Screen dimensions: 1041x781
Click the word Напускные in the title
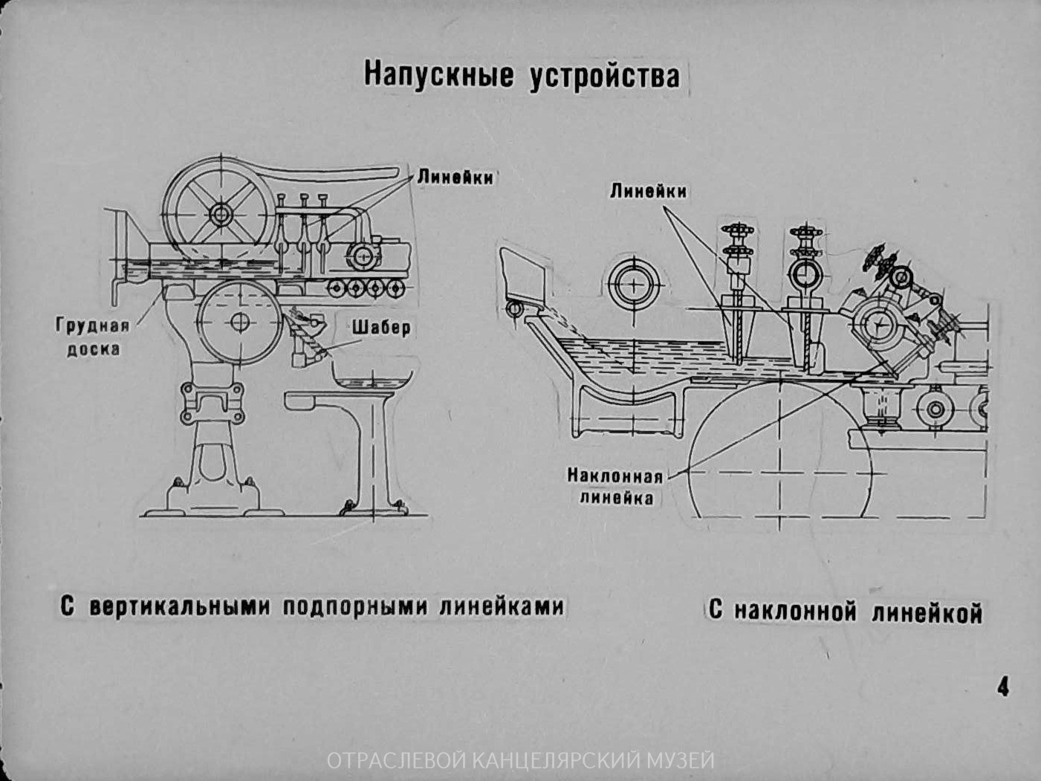point(438,75)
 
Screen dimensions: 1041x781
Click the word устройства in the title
point(605,76)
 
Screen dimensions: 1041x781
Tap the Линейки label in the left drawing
point(455,178)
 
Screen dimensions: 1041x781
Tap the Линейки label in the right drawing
point(649,191)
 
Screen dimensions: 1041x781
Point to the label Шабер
point(381,328)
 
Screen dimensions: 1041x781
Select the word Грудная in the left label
point(92,326)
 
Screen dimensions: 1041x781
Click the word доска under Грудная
point(93,349)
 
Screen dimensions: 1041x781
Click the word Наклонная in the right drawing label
point(615,476)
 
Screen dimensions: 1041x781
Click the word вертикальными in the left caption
point(180,607)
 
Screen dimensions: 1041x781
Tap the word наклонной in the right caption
point(796,612)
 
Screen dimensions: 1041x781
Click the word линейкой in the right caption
point(927,612)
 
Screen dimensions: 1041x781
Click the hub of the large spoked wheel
point(221,215)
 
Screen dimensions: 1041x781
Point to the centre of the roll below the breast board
point(239,322)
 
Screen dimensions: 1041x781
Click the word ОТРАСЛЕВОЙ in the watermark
point(398,761)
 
